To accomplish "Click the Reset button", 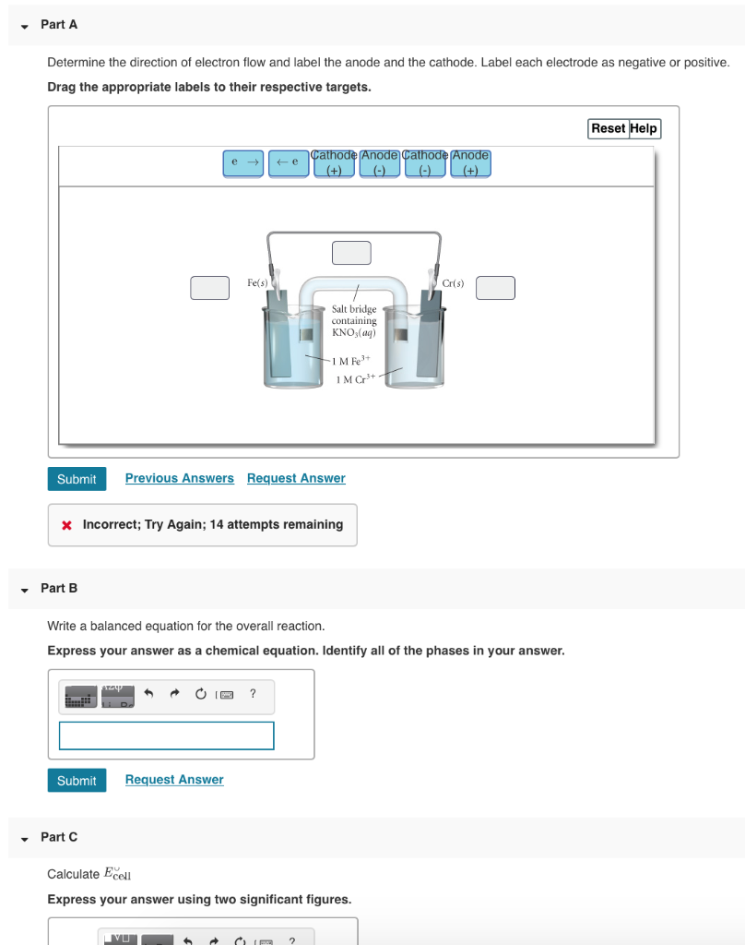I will (609, 128).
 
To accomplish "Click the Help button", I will (644, 128).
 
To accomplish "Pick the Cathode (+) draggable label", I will (334, 163).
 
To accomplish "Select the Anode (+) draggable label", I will (470, 163).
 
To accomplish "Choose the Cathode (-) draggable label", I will (425, 163).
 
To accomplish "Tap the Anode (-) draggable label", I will (379, 163).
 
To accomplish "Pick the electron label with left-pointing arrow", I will (289, 163).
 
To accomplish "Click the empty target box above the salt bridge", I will (351, 253).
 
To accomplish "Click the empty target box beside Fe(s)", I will (210, 288).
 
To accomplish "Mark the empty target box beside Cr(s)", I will (495, 288).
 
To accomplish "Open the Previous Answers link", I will (179, 478).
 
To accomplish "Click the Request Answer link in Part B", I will (174, 780).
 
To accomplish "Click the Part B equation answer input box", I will (167, 736).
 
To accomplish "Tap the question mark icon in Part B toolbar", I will (253, 693).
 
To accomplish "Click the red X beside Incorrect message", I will (66, 525).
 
